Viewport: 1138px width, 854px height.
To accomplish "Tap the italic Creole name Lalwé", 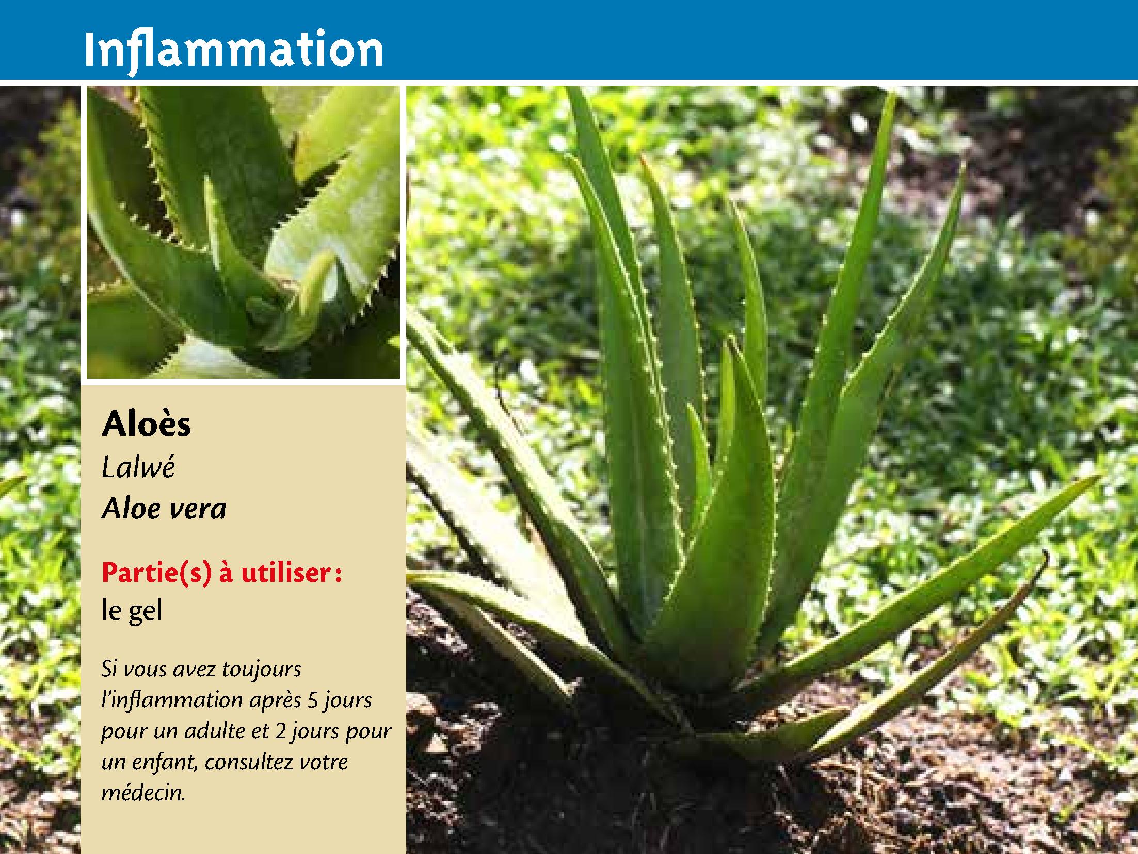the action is pyautogui.click(x=139, y=468).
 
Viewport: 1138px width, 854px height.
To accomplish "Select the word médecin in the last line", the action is pyautogui.click(x=143, y=793).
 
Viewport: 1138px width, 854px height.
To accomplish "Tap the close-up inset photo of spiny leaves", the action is pyautogui.click(x=243, y=232).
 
